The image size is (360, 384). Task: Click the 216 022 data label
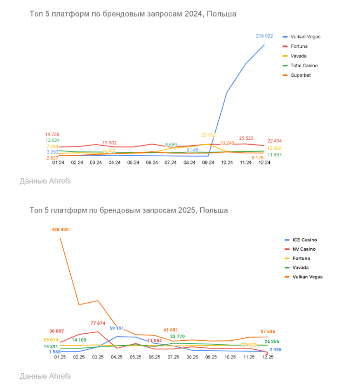tap(264, 36)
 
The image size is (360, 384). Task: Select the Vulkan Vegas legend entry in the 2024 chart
tap(305, 37)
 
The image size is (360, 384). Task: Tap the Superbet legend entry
tap(300, 75)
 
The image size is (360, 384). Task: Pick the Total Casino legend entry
tap(304, 66)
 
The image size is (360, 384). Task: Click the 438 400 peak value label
tap(60, 229)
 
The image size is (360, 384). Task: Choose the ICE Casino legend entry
tap(304, 240)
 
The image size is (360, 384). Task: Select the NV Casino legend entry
tap(304, 249)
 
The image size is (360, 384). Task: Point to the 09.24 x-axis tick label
tap(208, 163)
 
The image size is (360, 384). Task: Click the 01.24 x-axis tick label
tap(58, 163)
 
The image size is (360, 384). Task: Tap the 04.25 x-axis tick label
tap(117, 357)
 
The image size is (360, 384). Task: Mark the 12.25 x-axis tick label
tap(268, 357)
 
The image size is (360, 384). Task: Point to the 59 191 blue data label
tap(118, 328)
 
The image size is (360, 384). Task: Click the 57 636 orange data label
tap(268, 331)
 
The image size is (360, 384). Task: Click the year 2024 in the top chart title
tap(193, 14)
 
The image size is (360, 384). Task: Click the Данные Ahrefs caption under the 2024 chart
tap(45, 181)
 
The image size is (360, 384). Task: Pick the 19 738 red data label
tap(53, 134)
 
